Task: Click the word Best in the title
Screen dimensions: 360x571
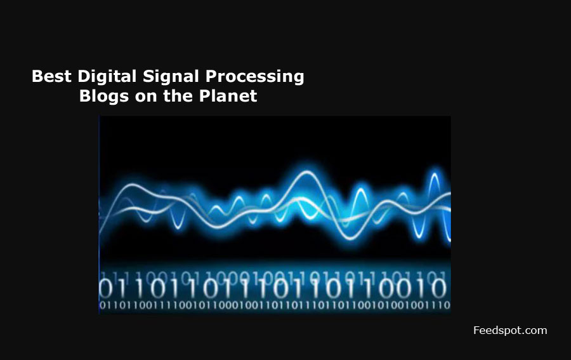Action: tap(52, 77)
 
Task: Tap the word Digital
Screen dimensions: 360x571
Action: tap(105, 77)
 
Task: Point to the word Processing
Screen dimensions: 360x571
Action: tap(255, 77)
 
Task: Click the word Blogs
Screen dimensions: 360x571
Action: tap(102, 96)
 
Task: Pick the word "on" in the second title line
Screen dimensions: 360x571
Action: tap(141, 96)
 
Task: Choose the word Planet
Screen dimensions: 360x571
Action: tap(226, 96)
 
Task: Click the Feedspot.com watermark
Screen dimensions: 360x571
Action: tap(510, 330)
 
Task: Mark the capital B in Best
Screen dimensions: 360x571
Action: tap(37, 77)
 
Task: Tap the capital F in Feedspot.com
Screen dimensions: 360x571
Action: tap(477, 330)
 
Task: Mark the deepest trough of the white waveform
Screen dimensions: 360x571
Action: tap(348, 238)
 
